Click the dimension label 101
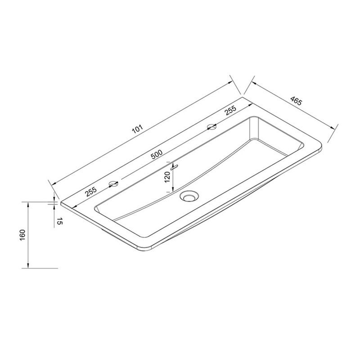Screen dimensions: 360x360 pyautogui.click(x=138, y=129)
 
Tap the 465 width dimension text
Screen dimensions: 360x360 pyautogui.click(x=296, y=101)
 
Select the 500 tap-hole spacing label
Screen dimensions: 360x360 pyautogui.click(x=157, y=154)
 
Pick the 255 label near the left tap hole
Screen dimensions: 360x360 pyautogui.click(x=91, y=192)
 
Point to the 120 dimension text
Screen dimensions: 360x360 pyautogui.click(x=167, y=177)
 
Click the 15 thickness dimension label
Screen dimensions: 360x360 pyautogui.click(x=59, y=221)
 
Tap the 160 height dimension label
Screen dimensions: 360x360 pyautogui.click(x=22, y=235)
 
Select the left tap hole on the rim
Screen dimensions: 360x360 pyautogui.click(x=113, y=184)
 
